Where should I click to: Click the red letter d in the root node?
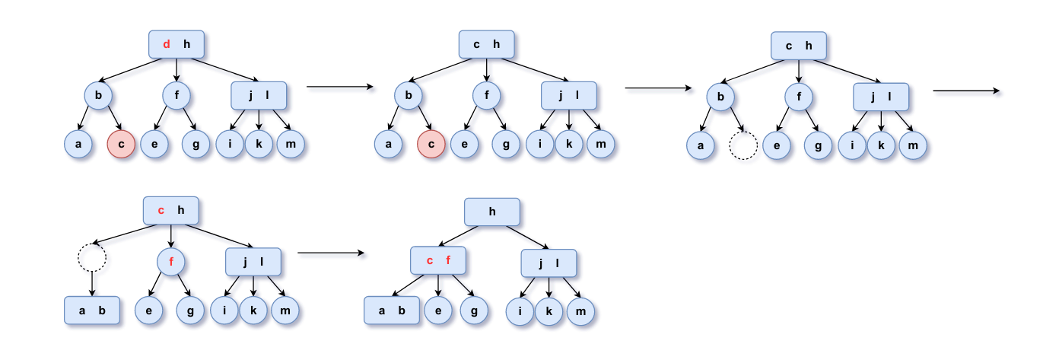click(x=167, y=44)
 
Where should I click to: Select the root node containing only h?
click(x=492, y=212)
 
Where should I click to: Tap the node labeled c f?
click(x=437, y=260)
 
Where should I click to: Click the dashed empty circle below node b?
click(x=743, y=146)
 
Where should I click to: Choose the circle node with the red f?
click(x=171, y=262)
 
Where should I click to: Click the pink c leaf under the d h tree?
click(x=121, y=144)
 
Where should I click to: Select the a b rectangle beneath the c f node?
click(x=392, y=311)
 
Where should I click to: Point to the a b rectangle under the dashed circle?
click(x=92, y=311)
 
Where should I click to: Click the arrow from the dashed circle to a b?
click(x=92, y=284)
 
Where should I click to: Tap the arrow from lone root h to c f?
click(x=458, y=236)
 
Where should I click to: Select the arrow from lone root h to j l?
click(x=527, y=237)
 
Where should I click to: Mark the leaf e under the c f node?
click(x=438, y=311)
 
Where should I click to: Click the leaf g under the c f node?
click(x=474, y=311)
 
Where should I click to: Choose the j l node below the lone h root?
click(x=549, y=263)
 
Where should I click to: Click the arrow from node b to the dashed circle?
click(x=737, y=120)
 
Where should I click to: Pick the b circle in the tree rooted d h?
click(x=98, y=95)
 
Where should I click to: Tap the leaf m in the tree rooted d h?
click(x=291, y=144)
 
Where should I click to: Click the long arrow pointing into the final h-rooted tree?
click(x=331, y=253)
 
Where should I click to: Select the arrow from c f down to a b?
click(x=408, y=285)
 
